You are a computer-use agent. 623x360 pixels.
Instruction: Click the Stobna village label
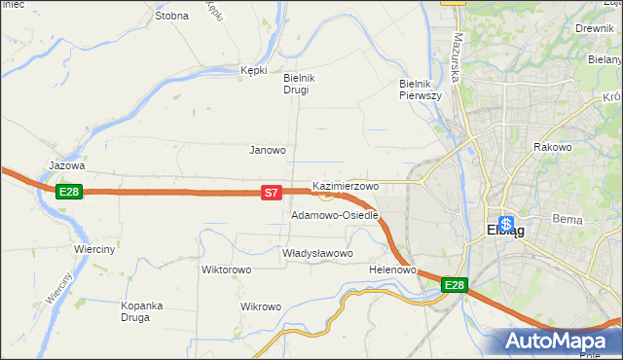click(171, 16)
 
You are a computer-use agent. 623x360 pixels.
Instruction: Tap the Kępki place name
click(253, 70)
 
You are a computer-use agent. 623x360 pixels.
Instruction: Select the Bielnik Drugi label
click(296, 84)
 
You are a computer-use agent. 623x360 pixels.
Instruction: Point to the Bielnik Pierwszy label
click(421, 90)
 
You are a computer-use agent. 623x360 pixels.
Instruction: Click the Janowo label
click(268, 151)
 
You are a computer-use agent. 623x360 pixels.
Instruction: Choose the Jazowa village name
click(67, 166)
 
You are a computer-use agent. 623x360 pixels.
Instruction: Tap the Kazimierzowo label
click(346, 185)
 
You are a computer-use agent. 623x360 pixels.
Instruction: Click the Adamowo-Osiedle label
click(334, 215)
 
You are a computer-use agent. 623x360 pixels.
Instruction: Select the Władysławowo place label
click(316, 253)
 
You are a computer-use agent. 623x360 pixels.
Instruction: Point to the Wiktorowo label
click(226, 270)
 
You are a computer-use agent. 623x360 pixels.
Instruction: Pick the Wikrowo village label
click(261, 306)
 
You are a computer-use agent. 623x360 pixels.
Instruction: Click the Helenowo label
click(393, 270)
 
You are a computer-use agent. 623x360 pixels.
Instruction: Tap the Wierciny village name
click(94, 249)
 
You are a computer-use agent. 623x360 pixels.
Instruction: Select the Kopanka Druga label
click(141, 311)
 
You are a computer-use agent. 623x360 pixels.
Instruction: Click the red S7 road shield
click(273, 194)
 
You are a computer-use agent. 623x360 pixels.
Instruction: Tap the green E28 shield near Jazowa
click(68, 192)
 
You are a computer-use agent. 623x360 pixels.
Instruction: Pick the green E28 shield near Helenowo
click(455, 285)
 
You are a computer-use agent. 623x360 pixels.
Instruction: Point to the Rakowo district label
click(552, 147)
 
